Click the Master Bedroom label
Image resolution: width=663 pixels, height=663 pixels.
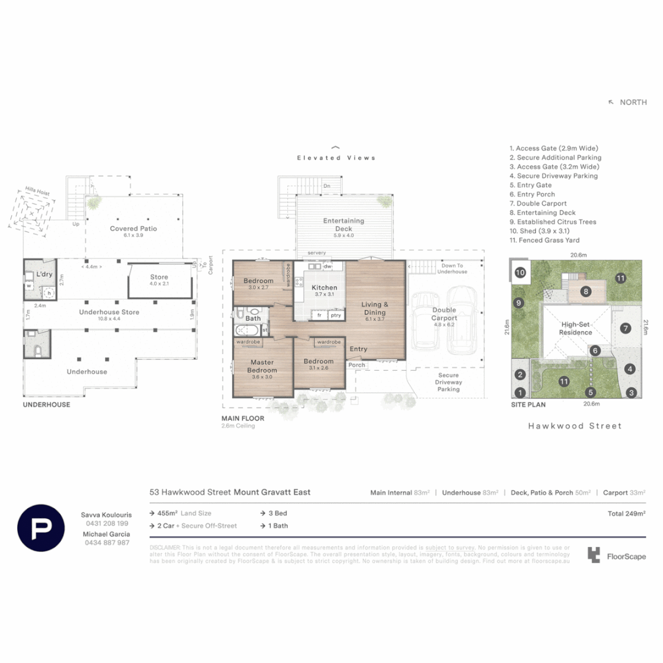(x=262, y=366)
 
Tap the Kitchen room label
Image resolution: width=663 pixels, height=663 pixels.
(x=324, y=287)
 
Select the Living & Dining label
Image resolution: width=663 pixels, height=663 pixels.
(x=374, y=308)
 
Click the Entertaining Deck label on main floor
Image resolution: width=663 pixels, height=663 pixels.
(x=344, y=225)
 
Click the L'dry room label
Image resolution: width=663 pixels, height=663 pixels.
(x=44, y=274)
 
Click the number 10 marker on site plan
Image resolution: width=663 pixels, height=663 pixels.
(x=520, y=272)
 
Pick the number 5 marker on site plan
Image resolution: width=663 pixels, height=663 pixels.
(x=591, y=392)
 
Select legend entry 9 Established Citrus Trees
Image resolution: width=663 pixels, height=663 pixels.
(x=552, y=222)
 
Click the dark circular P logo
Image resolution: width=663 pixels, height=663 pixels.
(x=41, y=528)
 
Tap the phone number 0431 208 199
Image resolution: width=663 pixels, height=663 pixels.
(x=106, y=524)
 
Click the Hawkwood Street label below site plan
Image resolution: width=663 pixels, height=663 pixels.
(x=575, y=425)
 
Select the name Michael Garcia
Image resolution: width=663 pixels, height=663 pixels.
(x=106, y=534)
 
